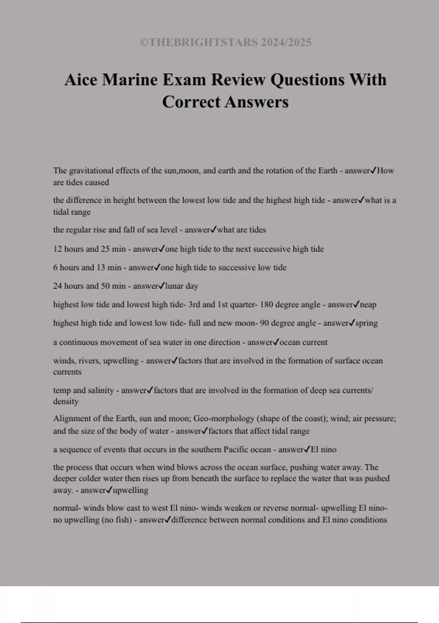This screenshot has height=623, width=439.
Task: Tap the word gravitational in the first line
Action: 91,171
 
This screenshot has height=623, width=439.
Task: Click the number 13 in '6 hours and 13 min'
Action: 101,268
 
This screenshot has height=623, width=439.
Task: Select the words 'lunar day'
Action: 182,286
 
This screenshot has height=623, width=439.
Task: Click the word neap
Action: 368,305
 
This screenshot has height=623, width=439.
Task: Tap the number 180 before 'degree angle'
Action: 266,305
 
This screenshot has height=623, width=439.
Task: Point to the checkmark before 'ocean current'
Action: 276,342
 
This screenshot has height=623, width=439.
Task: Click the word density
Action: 66,402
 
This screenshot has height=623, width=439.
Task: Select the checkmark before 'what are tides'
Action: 213,230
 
